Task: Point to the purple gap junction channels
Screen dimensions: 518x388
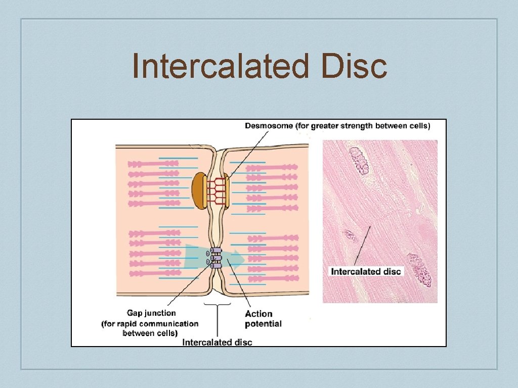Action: click(215, 257)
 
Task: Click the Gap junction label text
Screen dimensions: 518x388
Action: click(151, 313)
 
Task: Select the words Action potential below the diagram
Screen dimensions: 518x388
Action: click(263, 319)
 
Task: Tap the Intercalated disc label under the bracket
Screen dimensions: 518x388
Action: click(217, 342)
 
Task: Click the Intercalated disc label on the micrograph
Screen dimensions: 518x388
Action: click(366, 271)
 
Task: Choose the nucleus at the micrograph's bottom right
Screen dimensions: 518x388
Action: click(420, 270)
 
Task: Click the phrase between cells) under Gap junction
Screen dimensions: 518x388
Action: click(150, 333)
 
